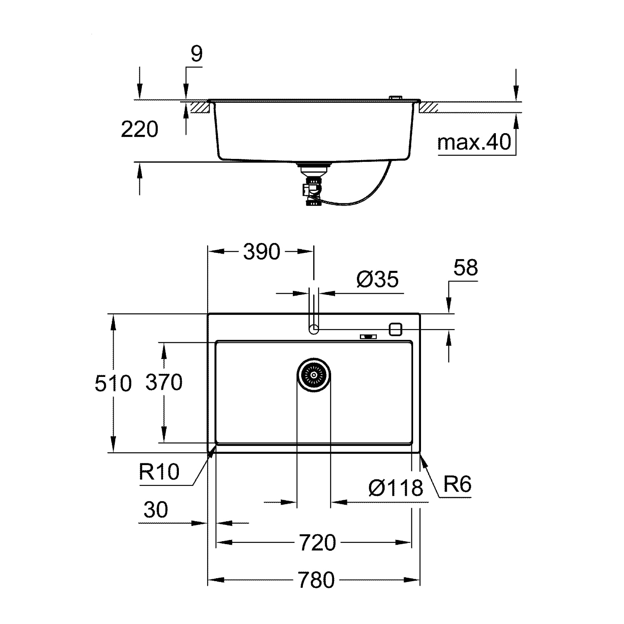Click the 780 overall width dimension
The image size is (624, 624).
(316, 580)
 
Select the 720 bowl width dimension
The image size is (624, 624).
(317, 542)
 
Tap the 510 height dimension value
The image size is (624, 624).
(113, 383)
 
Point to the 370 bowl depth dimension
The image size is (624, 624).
(164, 382)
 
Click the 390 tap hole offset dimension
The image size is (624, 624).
(262, 252)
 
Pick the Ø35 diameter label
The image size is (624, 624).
(378, 279)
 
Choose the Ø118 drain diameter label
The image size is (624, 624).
(396, 488)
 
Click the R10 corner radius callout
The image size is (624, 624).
(159, 472)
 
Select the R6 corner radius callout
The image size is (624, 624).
(458, 484)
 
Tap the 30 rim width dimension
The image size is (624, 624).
(156, 510)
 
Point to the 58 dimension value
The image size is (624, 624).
(466, 268)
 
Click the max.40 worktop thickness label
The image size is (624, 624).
(474, 142)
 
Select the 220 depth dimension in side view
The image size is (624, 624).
(139, 129)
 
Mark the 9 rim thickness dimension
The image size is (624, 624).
(196, 54)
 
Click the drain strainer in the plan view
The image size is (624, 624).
(314, 375)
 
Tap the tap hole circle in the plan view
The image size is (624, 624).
(314, 329)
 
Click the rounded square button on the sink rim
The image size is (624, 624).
(395, 329)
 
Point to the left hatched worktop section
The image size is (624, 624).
(199, 107)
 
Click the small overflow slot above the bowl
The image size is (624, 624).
(368, 336)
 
